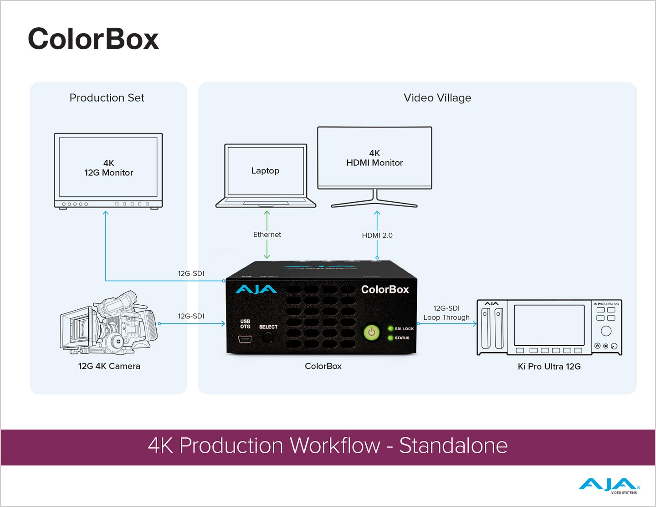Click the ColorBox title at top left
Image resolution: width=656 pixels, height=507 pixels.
click(93, 39)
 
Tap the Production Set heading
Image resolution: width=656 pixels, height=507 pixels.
click(107, 98)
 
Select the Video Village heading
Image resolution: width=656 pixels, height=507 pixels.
click(437, 98)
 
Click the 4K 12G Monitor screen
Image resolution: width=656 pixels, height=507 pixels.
click(108, 168)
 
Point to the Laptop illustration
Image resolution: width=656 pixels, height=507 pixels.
click(266, 176)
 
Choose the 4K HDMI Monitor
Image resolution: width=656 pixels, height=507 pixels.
click(374, 158)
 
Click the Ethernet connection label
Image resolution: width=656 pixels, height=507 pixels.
click(267, 235)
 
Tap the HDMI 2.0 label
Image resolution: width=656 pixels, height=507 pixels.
click(377, 236)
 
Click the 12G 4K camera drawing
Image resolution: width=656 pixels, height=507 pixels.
click(109, 323)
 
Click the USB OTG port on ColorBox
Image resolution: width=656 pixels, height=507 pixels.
click(245, 339)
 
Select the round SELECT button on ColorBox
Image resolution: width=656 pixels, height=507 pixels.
click(268, 337)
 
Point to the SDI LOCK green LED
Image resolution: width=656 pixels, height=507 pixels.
click(390, 328)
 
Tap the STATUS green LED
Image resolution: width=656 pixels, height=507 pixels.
click(390, 338)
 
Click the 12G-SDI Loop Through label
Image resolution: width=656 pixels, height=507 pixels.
click(446, 313)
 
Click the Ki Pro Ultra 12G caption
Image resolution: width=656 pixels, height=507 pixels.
click(549, 367)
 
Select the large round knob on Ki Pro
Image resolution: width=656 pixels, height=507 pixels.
click(606, 331)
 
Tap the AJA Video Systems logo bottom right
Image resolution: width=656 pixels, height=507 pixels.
click(609, 486)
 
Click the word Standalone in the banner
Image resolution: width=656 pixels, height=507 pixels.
click(453, 446)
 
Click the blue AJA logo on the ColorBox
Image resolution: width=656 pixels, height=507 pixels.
click(256, 290)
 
